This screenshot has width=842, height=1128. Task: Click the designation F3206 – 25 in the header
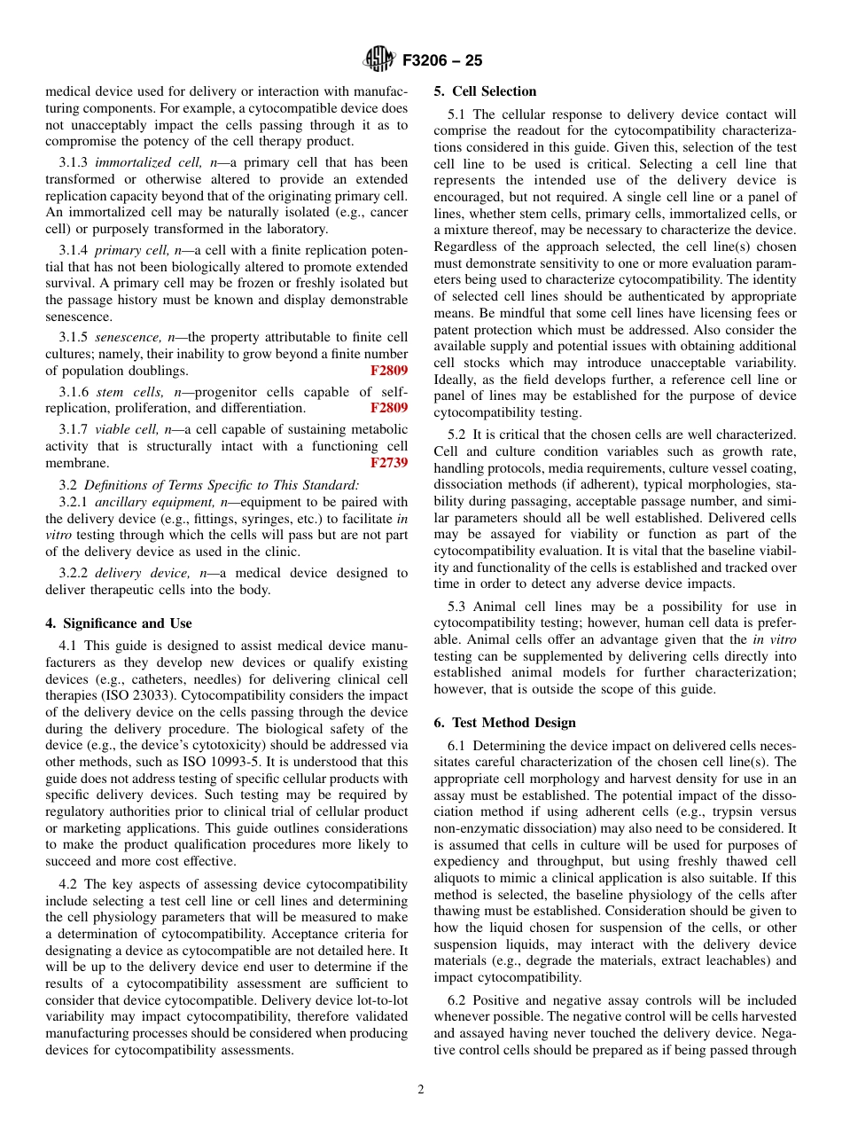pos(441,61)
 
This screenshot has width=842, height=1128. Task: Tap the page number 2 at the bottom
pos(421,1090)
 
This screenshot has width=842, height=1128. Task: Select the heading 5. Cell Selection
pos(485,91)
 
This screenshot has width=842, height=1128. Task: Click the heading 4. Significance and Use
pos(119,623)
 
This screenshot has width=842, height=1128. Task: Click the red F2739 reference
pos(389,463)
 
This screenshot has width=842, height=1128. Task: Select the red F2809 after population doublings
pos(389,371)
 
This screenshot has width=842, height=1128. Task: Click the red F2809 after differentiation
pos(389,408)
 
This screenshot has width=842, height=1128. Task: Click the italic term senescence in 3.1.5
pos(125,337)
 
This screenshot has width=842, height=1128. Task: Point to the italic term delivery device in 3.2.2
pos(130,574)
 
